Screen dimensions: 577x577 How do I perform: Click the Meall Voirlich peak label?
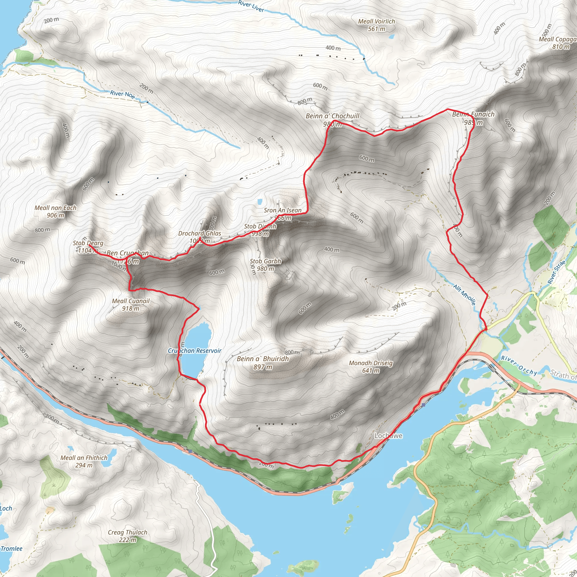(x=376, y=21)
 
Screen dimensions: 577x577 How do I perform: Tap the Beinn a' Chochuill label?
(x=332, y=116)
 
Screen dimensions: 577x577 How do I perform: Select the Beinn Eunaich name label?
(x=473, y=114)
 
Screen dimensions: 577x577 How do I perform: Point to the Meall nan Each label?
(x=56, y=208)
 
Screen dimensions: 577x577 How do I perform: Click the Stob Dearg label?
(x=88, y=243)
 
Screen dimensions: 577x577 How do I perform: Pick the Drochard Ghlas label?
(x=199, y=234)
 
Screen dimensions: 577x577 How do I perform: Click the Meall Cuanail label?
(x=130, y=301)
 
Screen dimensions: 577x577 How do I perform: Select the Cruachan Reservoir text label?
(x=194, y=350)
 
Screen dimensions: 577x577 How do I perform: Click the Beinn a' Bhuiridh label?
(x=263, y=359)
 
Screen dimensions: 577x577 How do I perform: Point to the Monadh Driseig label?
(x=371, y=363)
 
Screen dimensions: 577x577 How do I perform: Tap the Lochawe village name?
(x=388, y=436)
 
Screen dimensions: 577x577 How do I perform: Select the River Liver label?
(x=251, y=6)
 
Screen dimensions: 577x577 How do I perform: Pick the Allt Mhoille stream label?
(x=464, y=295)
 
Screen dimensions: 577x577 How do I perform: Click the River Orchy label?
(x=519, y=365)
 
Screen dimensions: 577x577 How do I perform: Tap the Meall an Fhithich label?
(x=84, y=458)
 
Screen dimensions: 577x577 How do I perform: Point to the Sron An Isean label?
(x=283, y=210)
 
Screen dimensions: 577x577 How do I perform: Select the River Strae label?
(x=556, y=272)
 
